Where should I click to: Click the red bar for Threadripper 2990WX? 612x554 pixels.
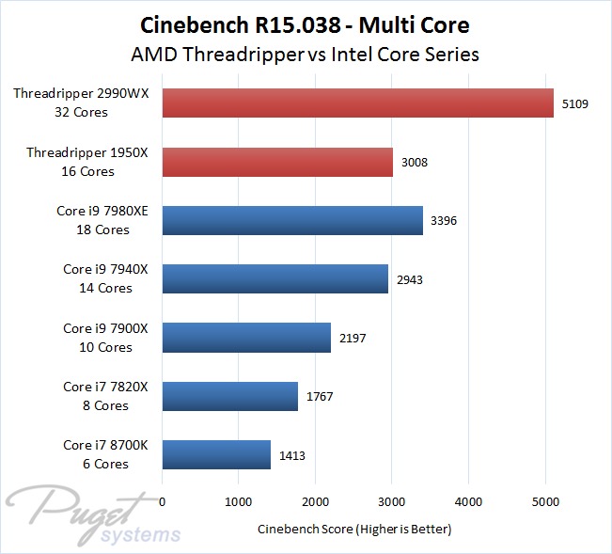tap(358, 103)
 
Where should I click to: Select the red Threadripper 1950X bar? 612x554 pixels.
tap(277, 162)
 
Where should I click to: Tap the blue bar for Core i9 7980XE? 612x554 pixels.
tap(292, 220)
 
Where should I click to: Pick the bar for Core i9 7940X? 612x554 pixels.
tap(275, 278)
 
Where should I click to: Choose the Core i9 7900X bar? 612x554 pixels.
tap(246, 338)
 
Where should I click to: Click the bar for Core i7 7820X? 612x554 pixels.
tap(230, 396)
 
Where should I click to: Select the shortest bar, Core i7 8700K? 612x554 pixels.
tap(216, 455)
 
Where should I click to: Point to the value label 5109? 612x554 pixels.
tap(574, 103)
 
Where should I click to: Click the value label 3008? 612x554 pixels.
tap(415, 162)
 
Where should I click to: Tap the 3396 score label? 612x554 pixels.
tap(444, 221)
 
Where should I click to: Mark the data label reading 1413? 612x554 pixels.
tap(291, 455)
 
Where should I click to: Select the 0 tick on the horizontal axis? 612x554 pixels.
tap(163, 502)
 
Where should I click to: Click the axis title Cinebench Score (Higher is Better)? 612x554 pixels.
tap(354, 530)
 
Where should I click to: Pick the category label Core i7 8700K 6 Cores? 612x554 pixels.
tap(96, 455)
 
